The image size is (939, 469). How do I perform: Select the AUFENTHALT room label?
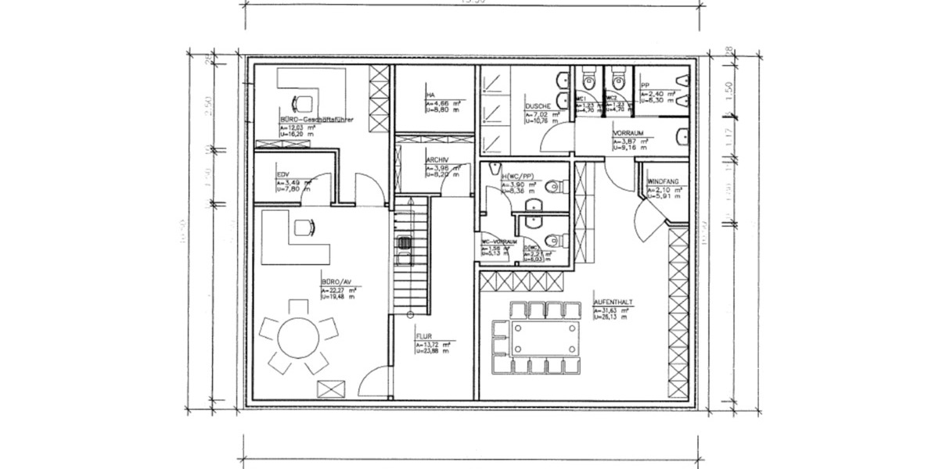pyautogui.click(x=613, y=301)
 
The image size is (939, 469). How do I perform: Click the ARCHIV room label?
pyautogui.click(x=437, y=160)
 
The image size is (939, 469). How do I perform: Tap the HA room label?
pyautogui.click(x=430, y=95)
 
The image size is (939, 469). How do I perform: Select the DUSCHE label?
pyautogui.click(x=538, y=106)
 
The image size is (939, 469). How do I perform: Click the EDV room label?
pyautogui.click(x=284, y=176)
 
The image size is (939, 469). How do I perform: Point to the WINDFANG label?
pyautogui.click(x=663, y=181)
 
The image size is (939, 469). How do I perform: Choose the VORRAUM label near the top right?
pyautogui.click(x=628, y=134)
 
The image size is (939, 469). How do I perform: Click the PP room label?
pyautogui.click(x=645, y=86)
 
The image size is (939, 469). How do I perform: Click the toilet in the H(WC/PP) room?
pyautogui.click(x=555, y=186)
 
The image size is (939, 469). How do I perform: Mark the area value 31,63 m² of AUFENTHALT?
pyautogui.click(x=613, y=311)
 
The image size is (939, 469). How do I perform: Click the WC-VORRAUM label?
pyautogui.click(x=500, y=242)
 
